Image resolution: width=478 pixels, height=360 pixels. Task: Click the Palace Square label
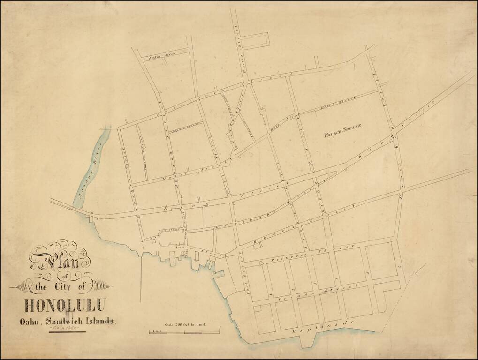click(x=342, y=134)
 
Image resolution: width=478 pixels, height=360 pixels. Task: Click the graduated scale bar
click(x=184, y=332)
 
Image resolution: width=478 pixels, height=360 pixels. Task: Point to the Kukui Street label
click(x=162, y=56)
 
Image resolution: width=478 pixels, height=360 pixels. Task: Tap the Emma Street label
click(x=241, y=49)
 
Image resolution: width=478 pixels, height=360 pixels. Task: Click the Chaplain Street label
click(x=185, y=127)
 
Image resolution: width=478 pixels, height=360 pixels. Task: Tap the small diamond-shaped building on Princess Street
click(x=261, y=263)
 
